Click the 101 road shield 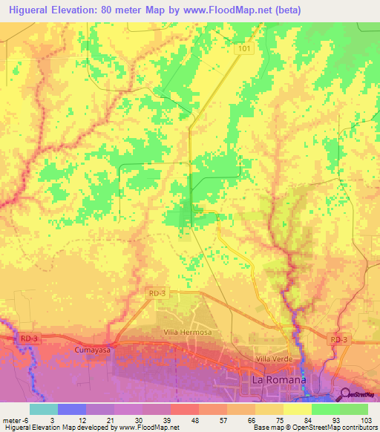click(246, 48)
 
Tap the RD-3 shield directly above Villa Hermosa click(154, 294)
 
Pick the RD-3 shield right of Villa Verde click(338, 339)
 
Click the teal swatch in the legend click(44, 409)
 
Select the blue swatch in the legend click(71, 409)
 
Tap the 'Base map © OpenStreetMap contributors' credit click(313, 428)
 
